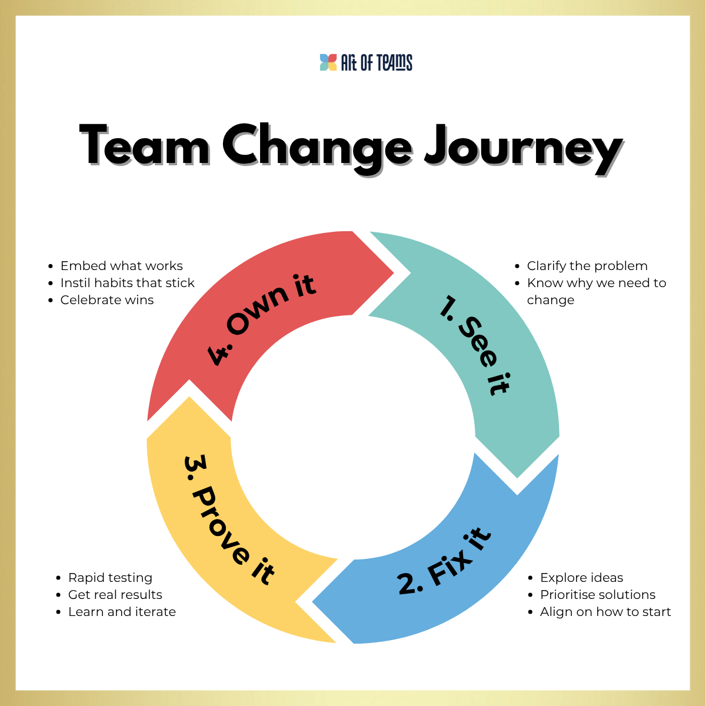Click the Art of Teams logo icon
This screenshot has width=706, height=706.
tap(328, 62)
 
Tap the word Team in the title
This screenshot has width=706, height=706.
tap(145, 145)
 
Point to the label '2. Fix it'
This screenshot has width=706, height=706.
tap(444, 562)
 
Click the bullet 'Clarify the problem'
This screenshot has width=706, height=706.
tap(587, 266)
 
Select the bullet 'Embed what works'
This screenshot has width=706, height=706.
tap(121, 266)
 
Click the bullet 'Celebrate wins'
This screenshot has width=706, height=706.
tap(107, 300)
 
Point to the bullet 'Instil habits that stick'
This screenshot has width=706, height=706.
tap(127, 283)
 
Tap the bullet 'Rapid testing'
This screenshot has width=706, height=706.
tap(110, 578)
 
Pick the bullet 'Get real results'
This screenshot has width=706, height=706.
tap(115, 595)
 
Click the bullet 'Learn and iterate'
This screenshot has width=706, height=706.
tap(122, 612)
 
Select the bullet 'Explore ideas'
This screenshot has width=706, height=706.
tap(581, 578)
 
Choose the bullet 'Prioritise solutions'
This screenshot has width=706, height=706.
tap(598, 595)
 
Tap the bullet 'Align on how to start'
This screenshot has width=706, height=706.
tap(605, 612)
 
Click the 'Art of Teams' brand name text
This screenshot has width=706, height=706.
tap(377, 62)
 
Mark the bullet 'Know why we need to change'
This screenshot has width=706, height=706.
tap(596, 291)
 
